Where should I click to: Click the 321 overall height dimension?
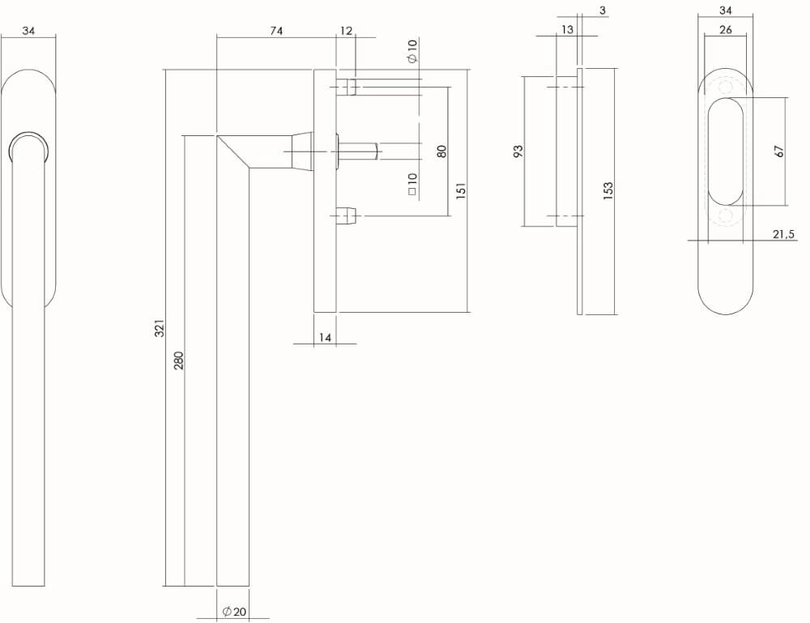pos(160,328)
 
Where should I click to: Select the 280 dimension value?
pos(179,360)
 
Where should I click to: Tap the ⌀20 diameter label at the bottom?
pos(234,612)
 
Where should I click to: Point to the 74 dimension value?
pos(276,31)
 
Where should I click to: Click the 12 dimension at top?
pos(347,31)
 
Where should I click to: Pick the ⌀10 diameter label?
pos(412,51)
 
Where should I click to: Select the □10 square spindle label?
pos(412,184)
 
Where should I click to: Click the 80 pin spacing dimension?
pos(441,151)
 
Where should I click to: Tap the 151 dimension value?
pos(461,191)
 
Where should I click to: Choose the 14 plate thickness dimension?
pos(325,338)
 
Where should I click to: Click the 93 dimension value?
pos(518,151)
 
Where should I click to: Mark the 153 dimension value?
pos(608,191)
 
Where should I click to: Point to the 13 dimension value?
pos(567,30)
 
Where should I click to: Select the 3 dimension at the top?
pos(603,10)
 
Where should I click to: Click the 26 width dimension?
pos(725,30)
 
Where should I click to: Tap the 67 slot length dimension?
pos(779,151)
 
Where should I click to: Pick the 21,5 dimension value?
pos(783,234)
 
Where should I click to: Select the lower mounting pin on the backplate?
pos(345,215)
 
